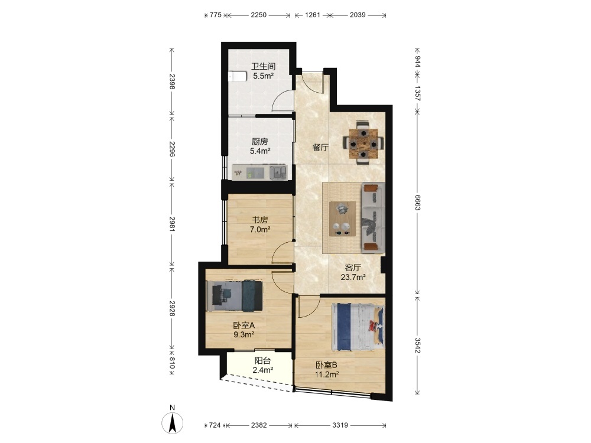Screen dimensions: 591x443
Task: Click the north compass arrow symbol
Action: [173, 423]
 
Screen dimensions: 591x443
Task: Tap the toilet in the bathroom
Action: [235, 76]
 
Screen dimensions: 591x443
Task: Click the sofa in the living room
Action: [373, 218]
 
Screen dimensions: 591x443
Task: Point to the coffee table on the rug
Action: [343, 219]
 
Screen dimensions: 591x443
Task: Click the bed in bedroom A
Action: [235, 296]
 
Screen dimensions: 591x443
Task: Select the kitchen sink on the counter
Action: [278, 172]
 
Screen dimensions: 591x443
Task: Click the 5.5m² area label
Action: [264, 76]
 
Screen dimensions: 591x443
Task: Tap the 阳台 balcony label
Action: [263, 360]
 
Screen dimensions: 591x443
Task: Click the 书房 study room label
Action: [260, 220]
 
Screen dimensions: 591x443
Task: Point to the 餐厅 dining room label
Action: [320, 147]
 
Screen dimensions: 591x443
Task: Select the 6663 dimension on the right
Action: [418, 203]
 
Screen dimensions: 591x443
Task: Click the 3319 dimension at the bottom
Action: [340, 425]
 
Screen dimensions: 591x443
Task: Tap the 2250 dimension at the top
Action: [259, 15]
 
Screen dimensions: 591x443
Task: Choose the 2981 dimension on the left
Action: [172, 223]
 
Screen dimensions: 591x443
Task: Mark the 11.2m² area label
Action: [327, 374]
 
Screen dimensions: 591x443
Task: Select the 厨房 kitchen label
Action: [260, 142]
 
